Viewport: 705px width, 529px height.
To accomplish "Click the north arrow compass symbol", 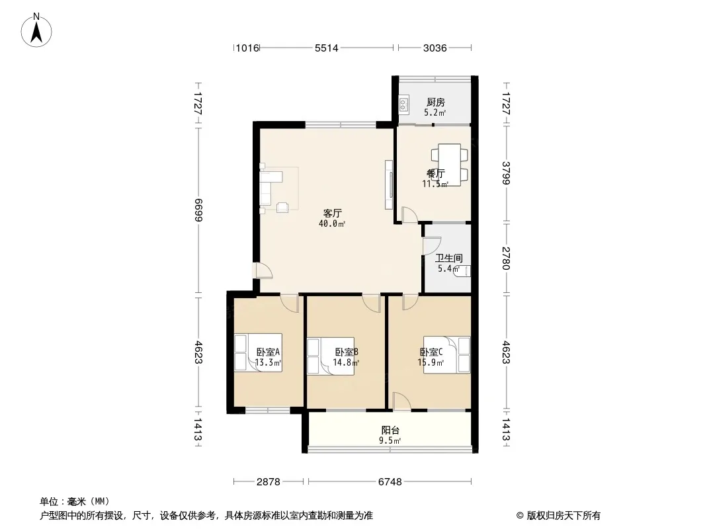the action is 36,30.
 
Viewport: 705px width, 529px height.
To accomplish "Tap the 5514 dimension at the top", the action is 327,48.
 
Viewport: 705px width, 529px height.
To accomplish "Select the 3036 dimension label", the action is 435,48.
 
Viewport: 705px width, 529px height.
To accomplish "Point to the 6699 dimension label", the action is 198,210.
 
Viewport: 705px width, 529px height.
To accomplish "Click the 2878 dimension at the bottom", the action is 269,482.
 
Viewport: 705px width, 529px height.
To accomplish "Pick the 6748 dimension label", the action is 390,482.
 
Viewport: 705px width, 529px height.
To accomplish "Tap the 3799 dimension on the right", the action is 507,173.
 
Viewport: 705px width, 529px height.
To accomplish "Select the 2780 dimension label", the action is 507,258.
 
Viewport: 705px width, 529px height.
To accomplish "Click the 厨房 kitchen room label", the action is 435,102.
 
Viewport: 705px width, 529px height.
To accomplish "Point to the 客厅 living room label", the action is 333,213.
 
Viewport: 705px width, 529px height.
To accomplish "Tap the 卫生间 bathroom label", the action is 448,258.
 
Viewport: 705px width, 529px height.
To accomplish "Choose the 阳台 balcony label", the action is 390,430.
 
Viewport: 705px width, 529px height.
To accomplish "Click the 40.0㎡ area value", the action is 332,224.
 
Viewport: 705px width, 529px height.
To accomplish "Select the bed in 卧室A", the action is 258,353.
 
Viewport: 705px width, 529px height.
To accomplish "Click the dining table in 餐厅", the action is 449,165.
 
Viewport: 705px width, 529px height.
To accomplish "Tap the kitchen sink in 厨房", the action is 404,104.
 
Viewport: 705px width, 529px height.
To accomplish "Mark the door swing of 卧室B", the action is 372,304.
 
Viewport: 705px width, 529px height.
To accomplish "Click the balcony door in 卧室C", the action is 401,401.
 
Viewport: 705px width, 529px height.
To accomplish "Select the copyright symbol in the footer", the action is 520,516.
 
